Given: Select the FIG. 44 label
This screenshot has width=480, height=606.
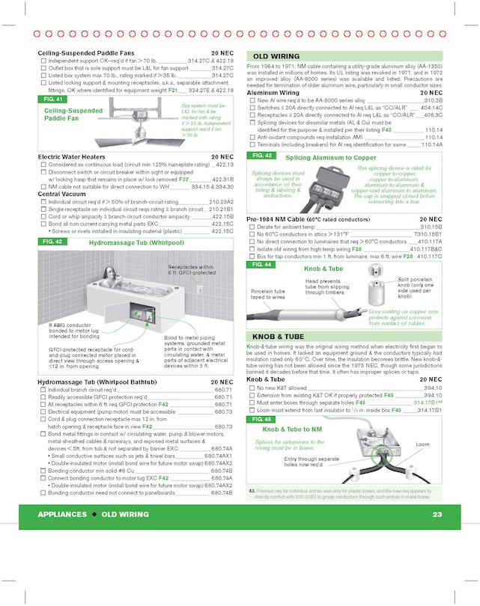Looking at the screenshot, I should point(262,265).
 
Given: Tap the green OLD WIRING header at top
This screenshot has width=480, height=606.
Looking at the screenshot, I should point(276,56).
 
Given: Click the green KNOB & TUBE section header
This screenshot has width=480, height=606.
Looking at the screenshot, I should point(279,337).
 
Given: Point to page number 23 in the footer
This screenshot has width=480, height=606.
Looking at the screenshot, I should point(437,514).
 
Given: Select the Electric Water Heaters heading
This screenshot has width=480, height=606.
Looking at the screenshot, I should point(72,157).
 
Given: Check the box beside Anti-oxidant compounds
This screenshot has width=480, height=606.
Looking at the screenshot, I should point(252,138).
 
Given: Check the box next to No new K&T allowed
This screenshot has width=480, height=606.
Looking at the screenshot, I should point(252,388).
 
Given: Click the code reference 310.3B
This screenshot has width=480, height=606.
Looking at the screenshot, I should point(433,100).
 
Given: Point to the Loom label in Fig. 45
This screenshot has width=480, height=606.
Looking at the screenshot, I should point(423,444).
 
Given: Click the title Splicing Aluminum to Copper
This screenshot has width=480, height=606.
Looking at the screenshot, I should point(330,158).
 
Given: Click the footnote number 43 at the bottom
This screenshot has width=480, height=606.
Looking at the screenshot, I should point(252,491).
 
